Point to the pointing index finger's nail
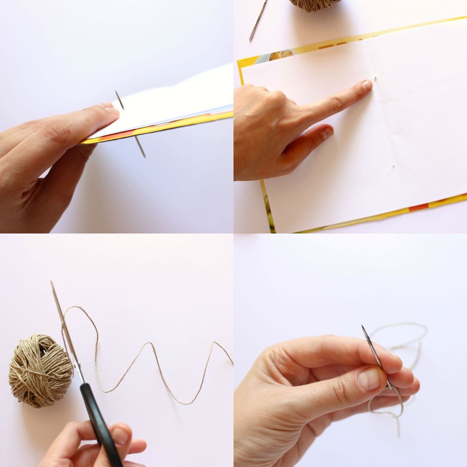tap(366, 85)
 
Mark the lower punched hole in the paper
tap(394, 165)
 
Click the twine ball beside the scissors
tap(40, 369)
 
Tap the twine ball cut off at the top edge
tap(314, 4)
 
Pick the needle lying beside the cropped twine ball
tap(258, 20)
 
